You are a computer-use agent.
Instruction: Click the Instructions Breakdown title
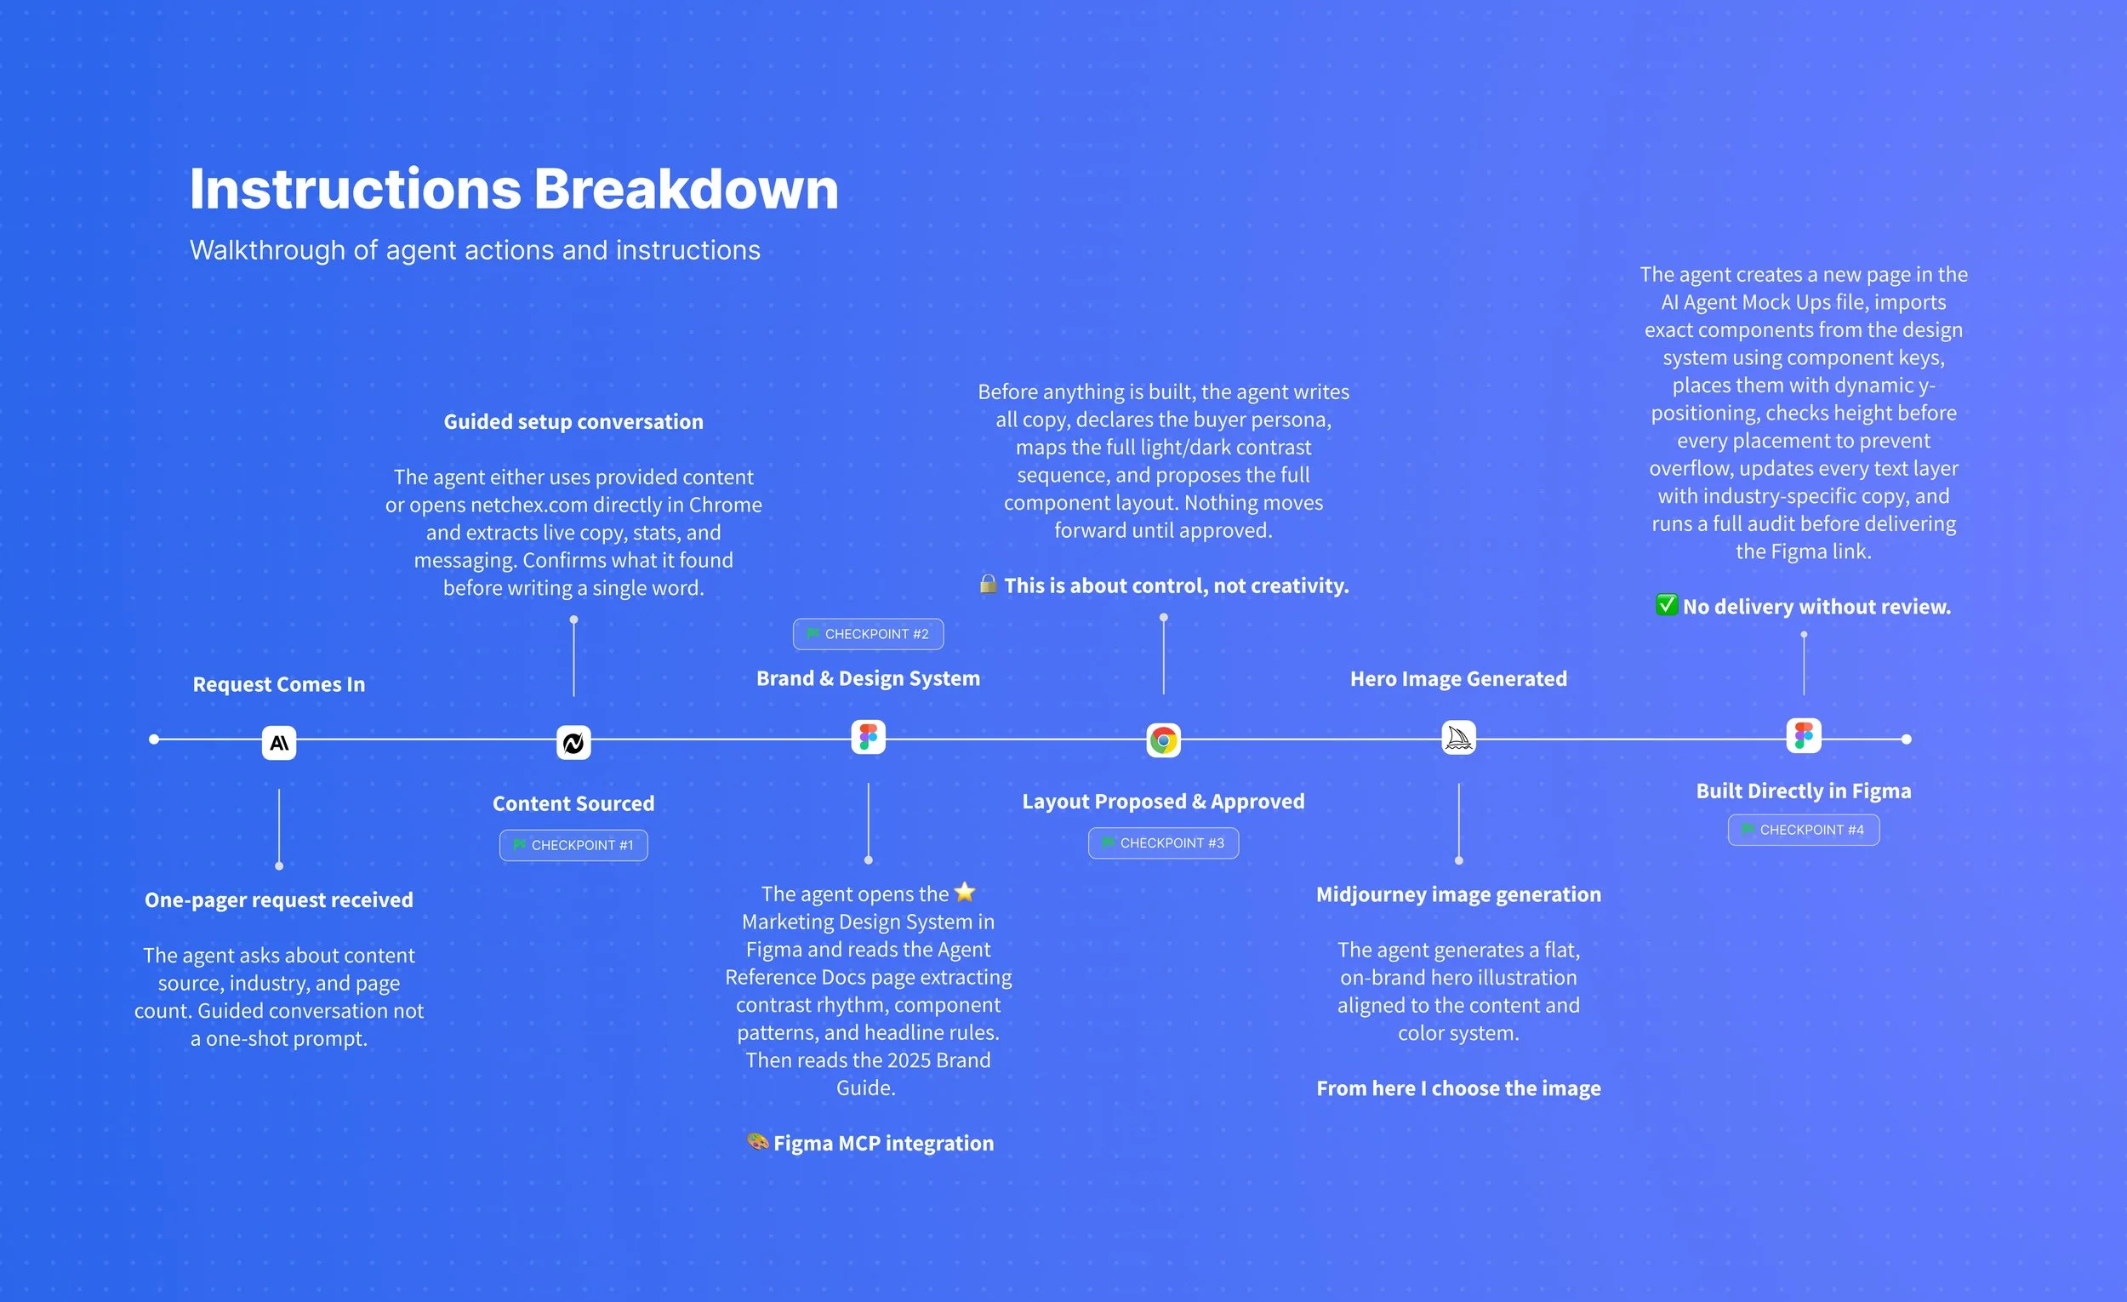tap(514, 189)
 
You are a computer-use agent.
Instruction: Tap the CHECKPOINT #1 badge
tap(573, 845)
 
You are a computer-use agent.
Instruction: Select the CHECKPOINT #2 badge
tap(868, 634)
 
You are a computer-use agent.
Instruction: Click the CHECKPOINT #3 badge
tap(1163, 842)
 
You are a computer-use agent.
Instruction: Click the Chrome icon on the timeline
tap(1163, 740)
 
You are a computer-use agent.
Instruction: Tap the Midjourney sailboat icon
tap(1458, 738)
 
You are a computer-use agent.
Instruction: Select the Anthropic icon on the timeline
tap(279, 743)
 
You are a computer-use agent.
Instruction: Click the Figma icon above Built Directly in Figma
tap(1804, 735)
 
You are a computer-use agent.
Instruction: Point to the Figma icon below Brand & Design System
tap(868, 737)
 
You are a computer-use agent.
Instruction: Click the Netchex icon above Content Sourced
tap(573, 743)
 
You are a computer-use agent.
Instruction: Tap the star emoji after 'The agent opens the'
tap(964, 892)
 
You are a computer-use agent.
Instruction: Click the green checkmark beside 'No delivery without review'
tap(1666, 605)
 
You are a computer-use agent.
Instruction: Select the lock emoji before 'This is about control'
tap(988, 585)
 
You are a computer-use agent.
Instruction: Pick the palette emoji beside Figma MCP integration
tap(757, 1141)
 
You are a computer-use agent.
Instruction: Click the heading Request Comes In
tap(279, 684)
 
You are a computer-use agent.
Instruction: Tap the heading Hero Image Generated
tap(1458, 678)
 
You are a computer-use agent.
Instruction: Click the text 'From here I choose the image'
tap(1458, 1088)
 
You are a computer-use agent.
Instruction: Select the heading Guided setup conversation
tap(573, 421)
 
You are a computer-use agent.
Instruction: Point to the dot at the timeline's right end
tap(1906, 739)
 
